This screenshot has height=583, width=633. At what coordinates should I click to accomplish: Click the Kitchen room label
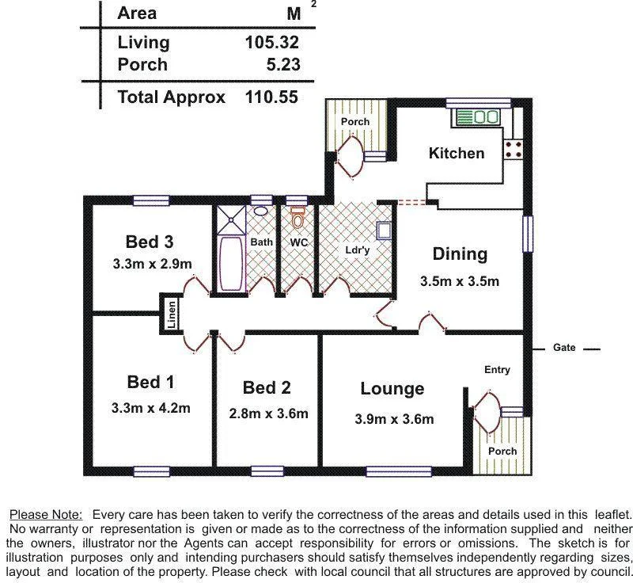tap(457, 153)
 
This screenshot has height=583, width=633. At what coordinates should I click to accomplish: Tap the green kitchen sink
tap(477, 117)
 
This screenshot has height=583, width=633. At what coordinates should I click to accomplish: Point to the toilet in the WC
tap(298, 215)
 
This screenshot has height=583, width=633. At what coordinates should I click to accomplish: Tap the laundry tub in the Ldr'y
tap(384, 231)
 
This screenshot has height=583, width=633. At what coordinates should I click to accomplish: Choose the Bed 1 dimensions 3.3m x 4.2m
tap(150, 409)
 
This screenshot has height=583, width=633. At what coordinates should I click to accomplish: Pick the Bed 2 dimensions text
tap(268, 413)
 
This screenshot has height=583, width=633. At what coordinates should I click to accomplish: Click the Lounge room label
tap(392, 389)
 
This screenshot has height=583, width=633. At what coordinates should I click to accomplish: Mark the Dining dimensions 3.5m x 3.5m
tap(459, 281)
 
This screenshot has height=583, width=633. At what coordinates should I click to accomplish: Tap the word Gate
tap(564, 348)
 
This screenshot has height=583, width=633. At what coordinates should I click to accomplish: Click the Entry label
tap(497, 370)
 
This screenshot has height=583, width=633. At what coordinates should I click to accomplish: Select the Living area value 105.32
tap(272, 42)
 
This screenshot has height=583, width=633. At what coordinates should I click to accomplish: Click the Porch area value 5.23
tap(284, 65)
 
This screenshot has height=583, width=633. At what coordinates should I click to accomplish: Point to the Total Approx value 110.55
tap(272, 97)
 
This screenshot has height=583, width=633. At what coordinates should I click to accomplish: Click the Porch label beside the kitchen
tap(355, 122)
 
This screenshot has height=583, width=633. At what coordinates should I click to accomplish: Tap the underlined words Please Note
tap(45, 514)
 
